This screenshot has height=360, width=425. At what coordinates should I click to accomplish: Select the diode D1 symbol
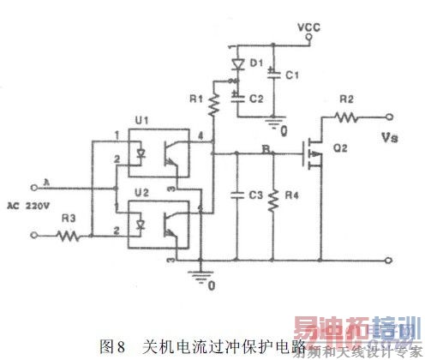click(x=237, y=63)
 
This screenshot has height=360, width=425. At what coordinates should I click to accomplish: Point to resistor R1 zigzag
click(x=213, y=105)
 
